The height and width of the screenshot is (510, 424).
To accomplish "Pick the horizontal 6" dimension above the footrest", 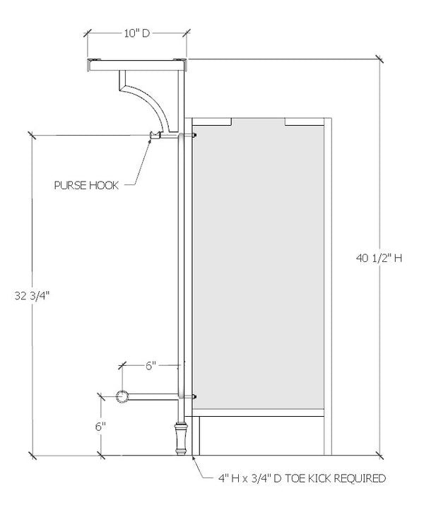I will click(x=150, y=365).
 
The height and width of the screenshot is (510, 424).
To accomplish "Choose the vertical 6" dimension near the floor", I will click(x=100, y=426).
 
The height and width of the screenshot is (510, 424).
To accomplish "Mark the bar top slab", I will click(x=136, y=65).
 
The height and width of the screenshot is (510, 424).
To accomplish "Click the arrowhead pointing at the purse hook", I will click(x=149, y=139).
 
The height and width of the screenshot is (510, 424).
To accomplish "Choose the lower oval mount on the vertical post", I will click(x=182, y=396).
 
